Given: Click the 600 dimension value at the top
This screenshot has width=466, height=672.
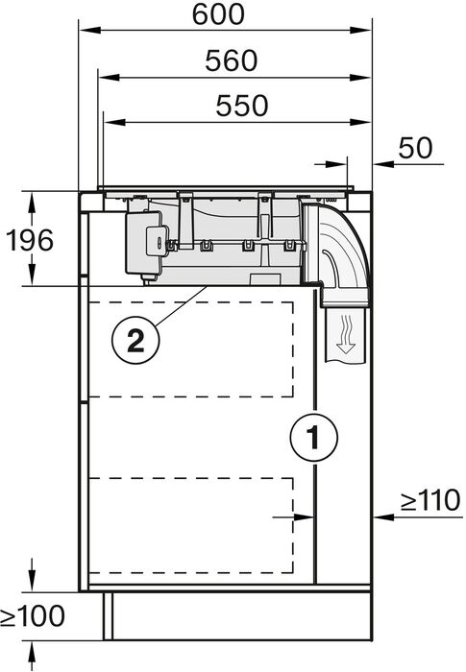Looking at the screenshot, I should pos(219,15).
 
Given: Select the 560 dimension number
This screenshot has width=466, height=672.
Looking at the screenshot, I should pos(231,60).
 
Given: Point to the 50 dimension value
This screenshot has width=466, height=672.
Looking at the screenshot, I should pos(414,148).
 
